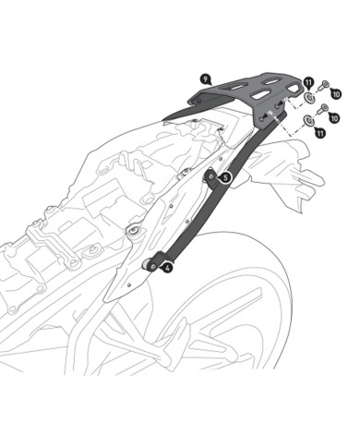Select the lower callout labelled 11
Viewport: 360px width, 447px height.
320,134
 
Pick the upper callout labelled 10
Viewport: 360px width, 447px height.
335,94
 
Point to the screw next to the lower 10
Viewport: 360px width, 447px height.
321,112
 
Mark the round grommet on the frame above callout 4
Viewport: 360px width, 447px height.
137,231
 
